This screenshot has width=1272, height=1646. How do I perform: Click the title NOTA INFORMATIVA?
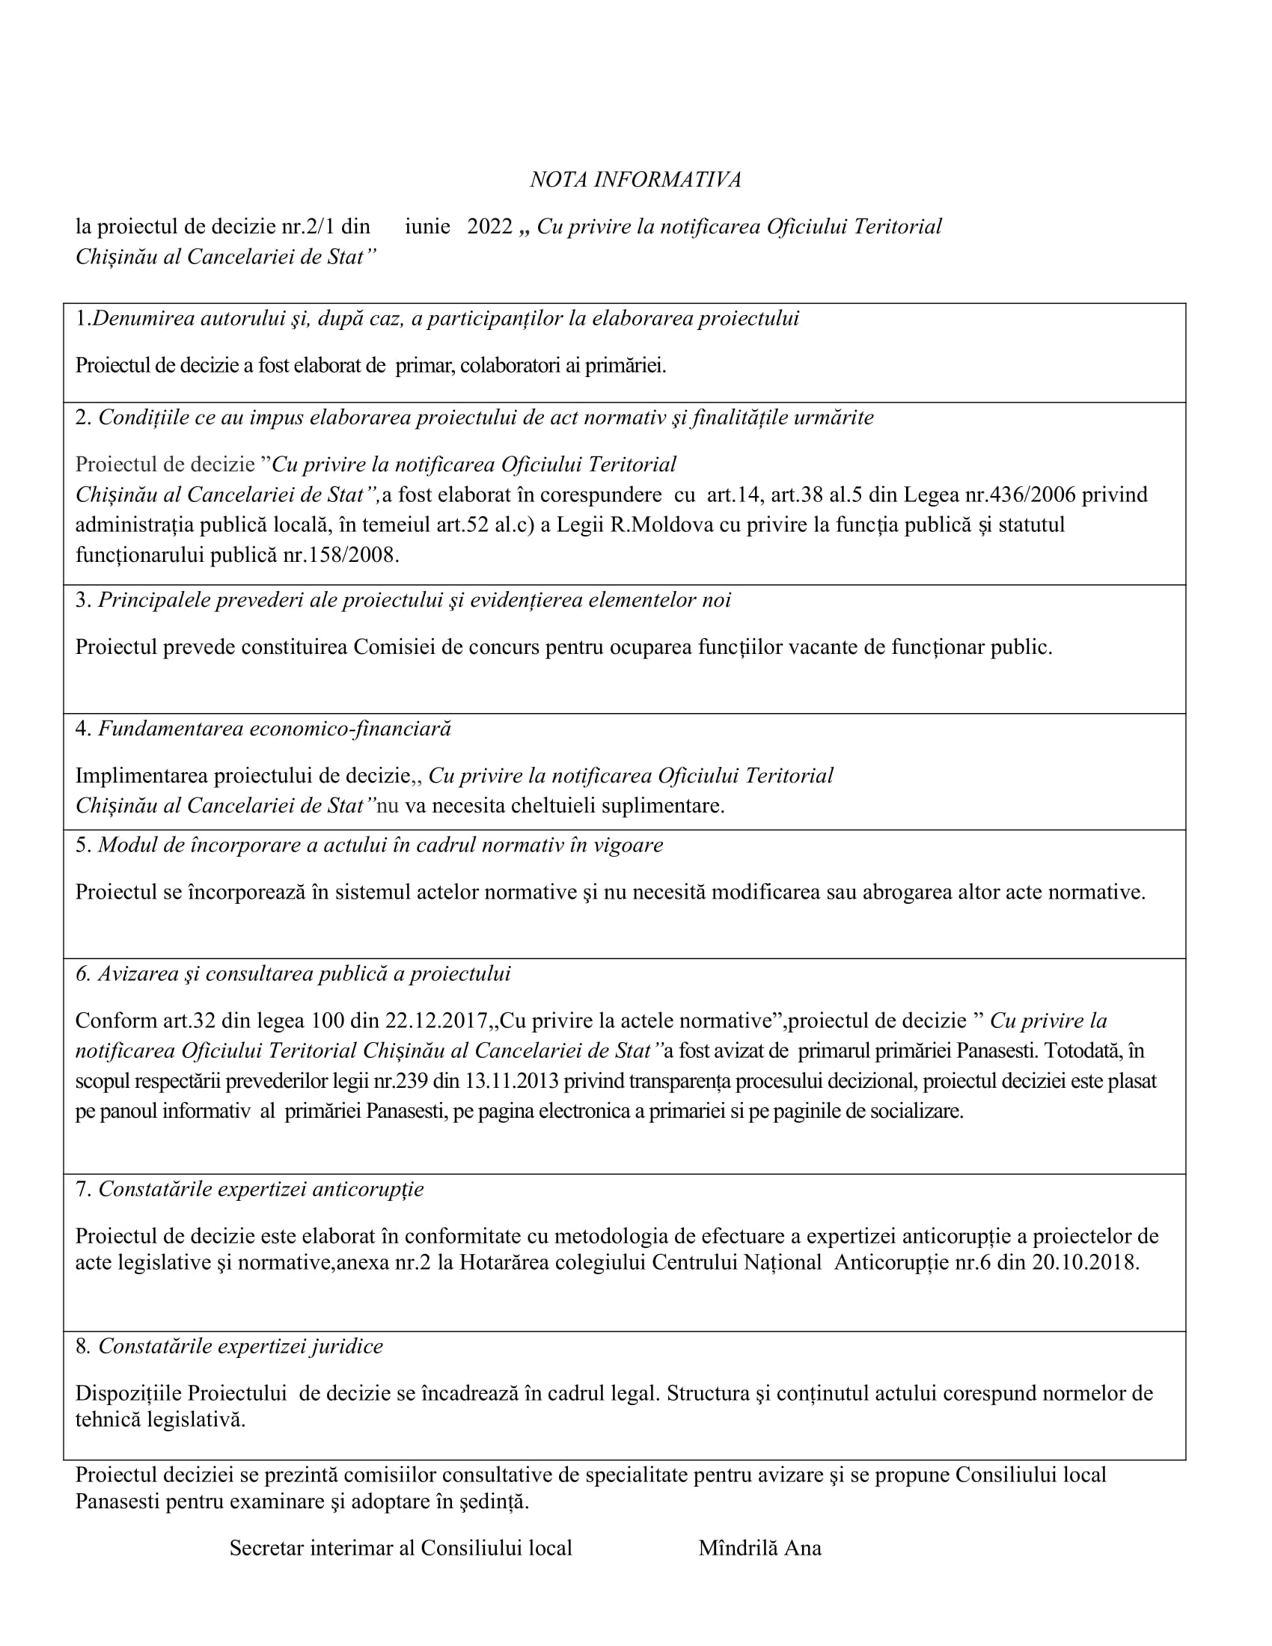click(x=635, y=180)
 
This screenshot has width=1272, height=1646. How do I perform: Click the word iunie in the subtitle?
click(x=427, y=227)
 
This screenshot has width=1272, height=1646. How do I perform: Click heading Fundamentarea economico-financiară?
click(x=275, y=729)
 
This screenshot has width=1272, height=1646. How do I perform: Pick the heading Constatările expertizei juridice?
click(x=240, y=1347)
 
